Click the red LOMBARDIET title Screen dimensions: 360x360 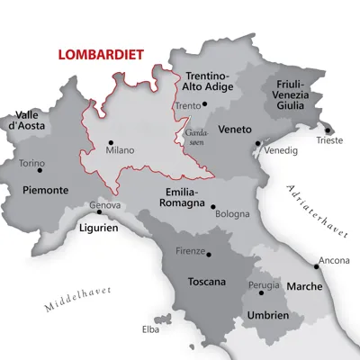[x=100, y=54]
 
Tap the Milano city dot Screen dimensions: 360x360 [x=110, y=141]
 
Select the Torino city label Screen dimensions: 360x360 [x=31, y=163]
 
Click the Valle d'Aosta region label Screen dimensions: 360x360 [x=28, y=121]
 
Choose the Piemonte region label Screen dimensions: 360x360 [x=45, y=190]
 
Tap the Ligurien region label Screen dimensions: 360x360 [x=98, y=229]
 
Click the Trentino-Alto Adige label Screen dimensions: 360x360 [x=208, y=82]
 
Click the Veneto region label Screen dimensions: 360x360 [x=234, y=128]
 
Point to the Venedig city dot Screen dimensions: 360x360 [x=258, y=143]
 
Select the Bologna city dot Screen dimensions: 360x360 [x=213, y=206]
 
